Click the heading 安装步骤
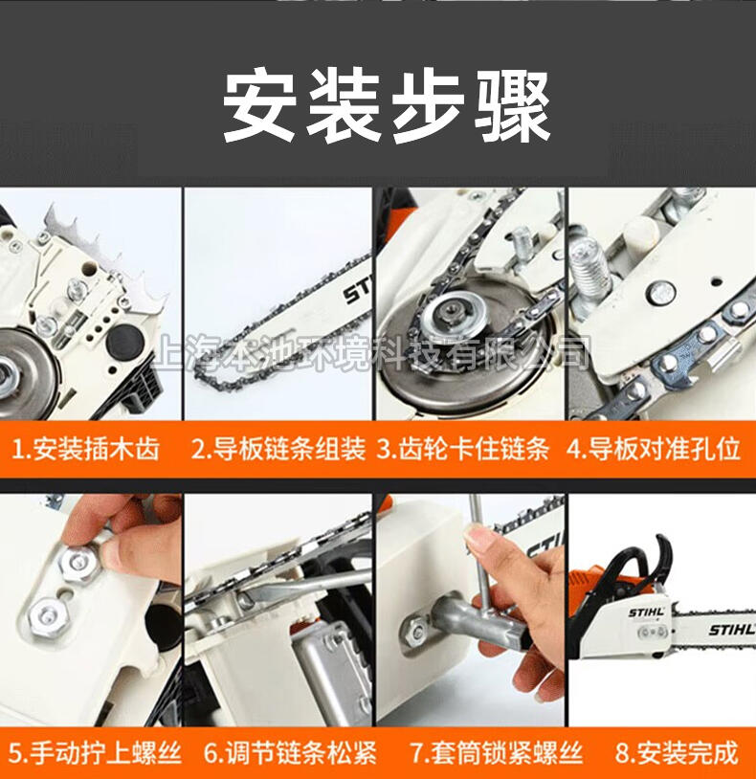[x=387, y=107]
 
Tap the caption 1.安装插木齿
[x=85, y=449]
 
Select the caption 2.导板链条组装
[x=278, y=449]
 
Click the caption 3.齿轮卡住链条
[x=463, y=449]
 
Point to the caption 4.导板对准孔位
[x=654, y=449]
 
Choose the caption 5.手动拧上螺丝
[x=95, y=752]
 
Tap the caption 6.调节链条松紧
[x=290, y=753]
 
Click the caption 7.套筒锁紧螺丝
[x=496, y=753]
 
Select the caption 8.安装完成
[x=677, y=753]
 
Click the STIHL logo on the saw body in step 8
[x=646, y=612]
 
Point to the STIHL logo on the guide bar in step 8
[x=731, y=631]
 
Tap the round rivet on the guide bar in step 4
[x=660, y=292]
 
